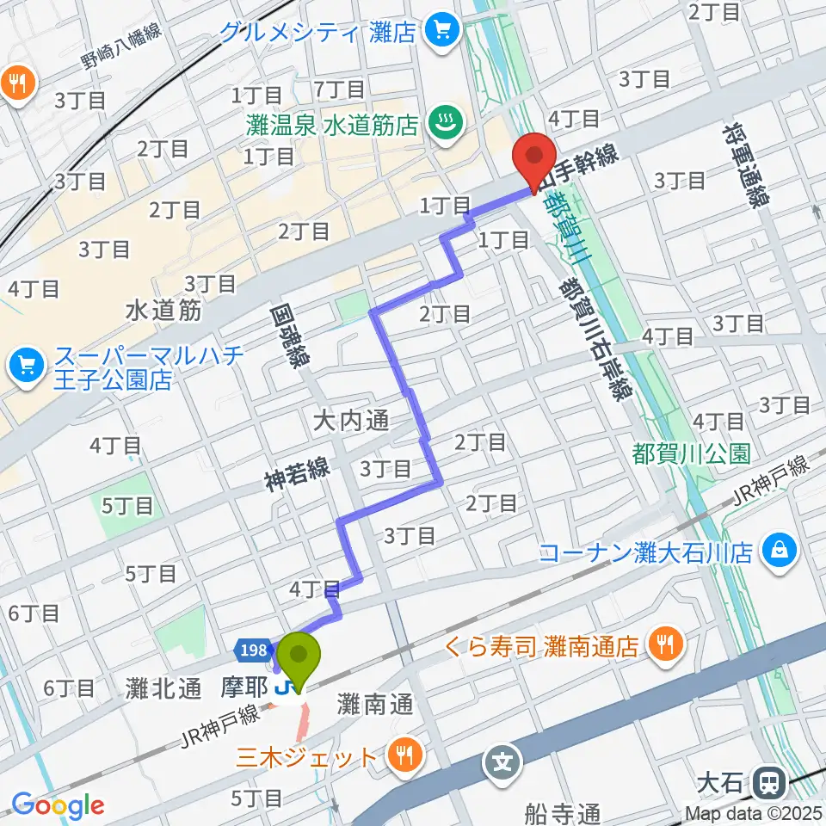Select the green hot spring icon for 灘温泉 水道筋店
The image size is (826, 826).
click(444, 125)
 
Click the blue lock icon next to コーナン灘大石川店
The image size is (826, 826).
click(780, 550)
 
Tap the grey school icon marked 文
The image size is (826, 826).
click(502, 761)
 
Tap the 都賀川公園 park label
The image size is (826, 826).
click(691, 452)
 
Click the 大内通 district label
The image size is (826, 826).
click(350, 421)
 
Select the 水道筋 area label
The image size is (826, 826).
click(163, 310)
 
